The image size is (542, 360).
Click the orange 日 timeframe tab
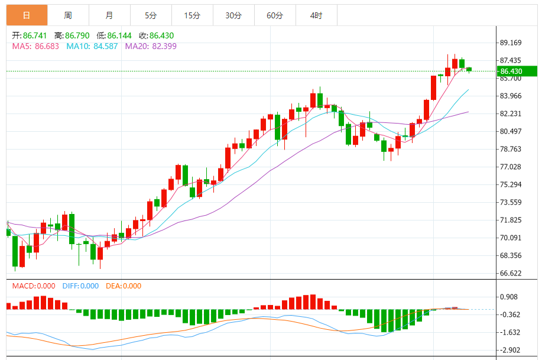[x=27, y=15]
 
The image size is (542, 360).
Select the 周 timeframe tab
[x=68, y=15]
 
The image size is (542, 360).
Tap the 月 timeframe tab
[x=109, y=15]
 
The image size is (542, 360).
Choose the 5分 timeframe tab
[x=151, y=15]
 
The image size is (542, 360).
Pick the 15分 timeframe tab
[x=192, y=15]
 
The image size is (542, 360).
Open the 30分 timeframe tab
[x=233, y=15]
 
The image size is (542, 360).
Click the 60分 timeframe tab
[x=275, y=15]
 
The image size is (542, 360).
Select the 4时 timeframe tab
[x=316, y=15]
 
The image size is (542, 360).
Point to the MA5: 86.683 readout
[x=35, y=46]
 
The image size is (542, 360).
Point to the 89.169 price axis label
[x=511, y=43]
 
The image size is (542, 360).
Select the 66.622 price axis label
[x=511, y=273]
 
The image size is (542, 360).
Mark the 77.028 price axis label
[x=511, y=167]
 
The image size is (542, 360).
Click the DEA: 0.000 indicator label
[x=124, y=286]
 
